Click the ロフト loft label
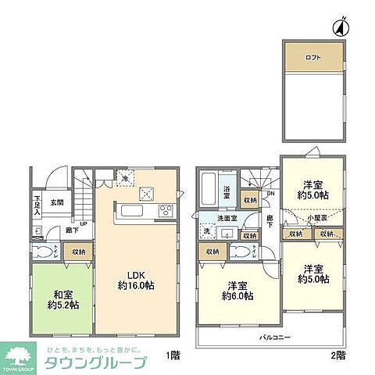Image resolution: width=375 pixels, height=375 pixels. pyautogui.click(x=312, y=57)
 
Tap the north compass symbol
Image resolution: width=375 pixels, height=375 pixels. pyautogui.click(x=340, y=28)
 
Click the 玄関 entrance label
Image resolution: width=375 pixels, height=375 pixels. pyautogui.click(x=57, y=203)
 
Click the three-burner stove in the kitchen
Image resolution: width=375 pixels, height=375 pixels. pyautogui.click(x=166, y=209)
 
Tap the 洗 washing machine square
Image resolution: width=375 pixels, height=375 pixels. pyautogui.click(x=207, y=231)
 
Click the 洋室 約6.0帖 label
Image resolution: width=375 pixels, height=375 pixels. pyautogui.click(x=236, y=291)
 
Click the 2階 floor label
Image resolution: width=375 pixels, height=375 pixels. pyautogui.click(x=337, y=355)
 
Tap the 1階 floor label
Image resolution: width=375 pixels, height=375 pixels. pyautogui.click(x=173, y=355)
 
